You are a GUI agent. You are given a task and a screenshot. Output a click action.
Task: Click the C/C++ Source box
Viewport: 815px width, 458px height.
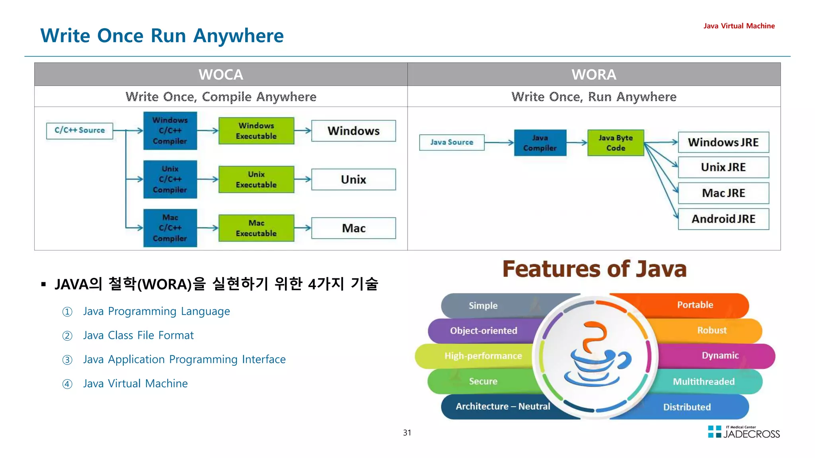tap(80, 131)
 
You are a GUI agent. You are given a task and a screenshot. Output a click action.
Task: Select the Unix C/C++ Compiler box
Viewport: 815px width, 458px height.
tap(170, 179)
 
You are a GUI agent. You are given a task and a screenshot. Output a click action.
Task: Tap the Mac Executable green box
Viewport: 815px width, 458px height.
tap(256, 228)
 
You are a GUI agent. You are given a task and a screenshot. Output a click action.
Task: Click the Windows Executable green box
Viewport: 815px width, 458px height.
tap(256, 131)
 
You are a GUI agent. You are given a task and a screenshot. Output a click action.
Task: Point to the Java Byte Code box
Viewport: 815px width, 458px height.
tap(616, 143)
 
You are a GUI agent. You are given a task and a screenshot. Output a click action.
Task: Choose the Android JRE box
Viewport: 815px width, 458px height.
tap(723, 219)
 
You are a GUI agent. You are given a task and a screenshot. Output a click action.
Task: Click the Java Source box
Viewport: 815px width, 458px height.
tap(452, 142)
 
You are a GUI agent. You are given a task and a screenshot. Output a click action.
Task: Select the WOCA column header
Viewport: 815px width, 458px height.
tap(221, 74)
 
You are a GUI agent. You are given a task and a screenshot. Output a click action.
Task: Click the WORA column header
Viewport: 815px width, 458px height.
tap(594, 74)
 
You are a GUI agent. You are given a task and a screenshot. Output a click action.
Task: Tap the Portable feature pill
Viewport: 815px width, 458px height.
tap(695, 305)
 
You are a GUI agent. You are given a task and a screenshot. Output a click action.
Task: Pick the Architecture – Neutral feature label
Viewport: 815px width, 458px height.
tap(503, 406)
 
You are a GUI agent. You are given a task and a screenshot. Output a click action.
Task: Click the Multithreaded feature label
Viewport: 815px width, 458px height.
tap(704, 382)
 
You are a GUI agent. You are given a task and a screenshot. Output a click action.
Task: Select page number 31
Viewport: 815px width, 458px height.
tap(407, 433)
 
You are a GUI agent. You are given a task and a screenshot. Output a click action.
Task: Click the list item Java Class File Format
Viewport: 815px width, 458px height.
tap(138, 336)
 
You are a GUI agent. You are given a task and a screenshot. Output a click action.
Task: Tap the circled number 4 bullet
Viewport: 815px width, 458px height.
tap(67, 384)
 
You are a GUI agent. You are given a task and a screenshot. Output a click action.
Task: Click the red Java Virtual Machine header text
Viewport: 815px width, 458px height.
tap(739, 26)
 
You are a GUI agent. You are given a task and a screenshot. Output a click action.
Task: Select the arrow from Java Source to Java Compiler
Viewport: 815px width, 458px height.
tap(499, 142)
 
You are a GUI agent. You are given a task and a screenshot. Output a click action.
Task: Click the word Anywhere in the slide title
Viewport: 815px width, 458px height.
tap(238, 36)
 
